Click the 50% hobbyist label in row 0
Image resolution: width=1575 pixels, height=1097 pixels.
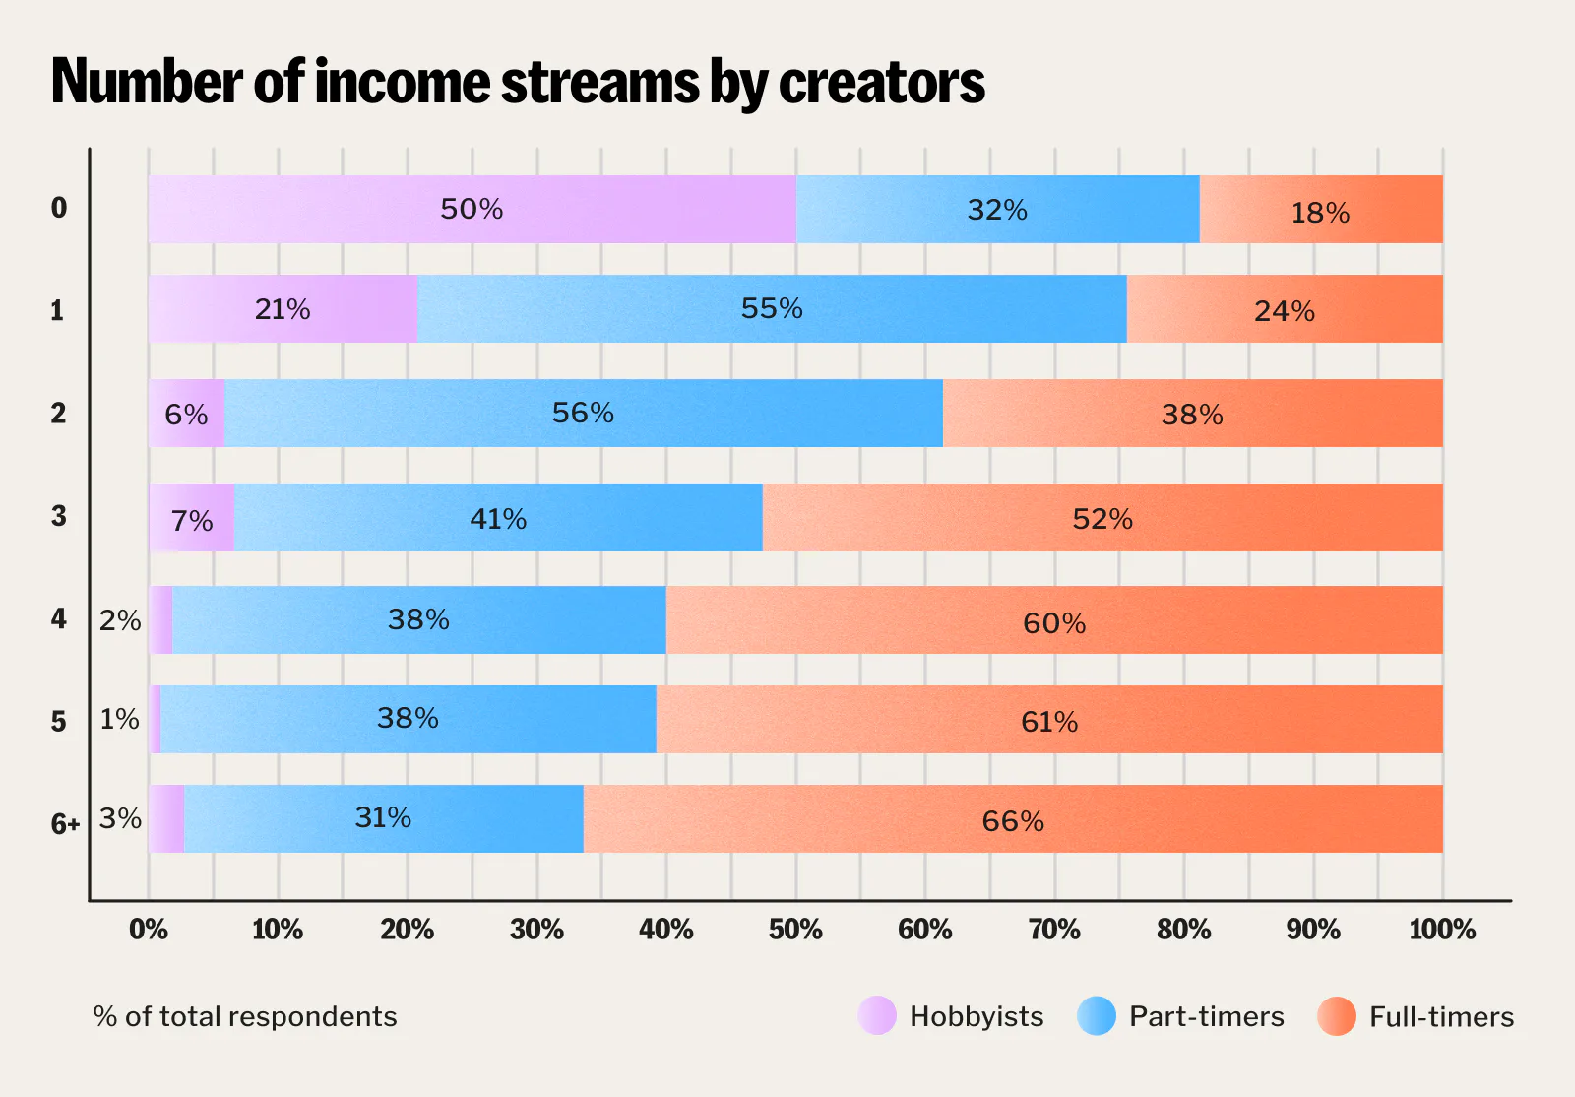pyautogui.click(x=472, y=209)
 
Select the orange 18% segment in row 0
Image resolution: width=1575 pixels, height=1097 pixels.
pyautogui.click(x=1320, y=210)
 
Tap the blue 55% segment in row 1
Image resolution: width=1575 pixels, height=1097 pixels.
pyautogui.click(x=772, y=308)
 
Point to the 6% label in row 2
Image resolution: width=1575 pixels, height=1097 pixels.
pyautogui.click(x=186, y=415)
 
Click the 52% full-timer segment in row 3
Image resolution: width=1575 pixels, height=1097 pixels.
pyautogui.click(x=1102, y=518)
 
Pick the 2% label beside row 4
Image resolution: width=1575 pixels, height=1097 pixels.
pyautogui.click(x=120, y=620)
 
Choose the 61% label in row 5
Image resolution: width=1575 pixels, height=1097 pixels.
pyautogui.click(x=1049, y=722)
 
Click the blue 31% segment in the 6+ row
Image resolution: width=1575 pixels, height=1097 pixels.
pyautogui.click(x=383, y=818)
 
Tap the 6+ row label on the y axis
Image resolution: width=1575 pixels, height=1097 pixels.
pyautogui.click(x=65, y=823)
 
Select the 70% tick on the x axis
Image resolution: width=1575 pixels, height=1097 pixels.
pyautogui.click(x=1054, y=929)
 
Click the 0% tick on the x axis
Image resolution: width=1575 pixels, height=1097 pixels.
pyautogui.click(x=149, y=929)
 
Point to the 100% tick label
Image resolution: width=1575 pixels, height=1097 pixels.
pyautogui.click(x=1442, y=929)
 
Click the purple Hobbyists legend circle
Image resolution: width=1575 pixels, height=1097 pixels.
pyautogui.click(x=877, y=1016)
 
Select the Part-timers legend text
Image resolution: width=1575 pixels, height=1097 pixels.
pyautogui.click(x=1206, y=1016)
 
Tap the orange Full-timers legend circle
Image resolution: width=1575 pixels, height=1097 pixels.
pyautogui.click(x=1337, y=1016)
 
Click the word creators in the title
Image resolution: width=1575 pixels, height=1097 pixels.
pyautogui.click(x=881, y=82)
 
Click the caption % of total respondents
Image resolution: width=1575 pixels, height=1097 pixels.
pyautogui.click(x=245, y=1016)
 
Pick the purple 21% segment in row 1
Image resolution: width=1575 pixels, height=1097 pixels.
pyautogui.click(x=283, y=309)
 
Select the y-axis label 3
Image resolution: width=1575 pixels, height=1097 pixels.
pyautogui.click(x=59, y=515)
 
